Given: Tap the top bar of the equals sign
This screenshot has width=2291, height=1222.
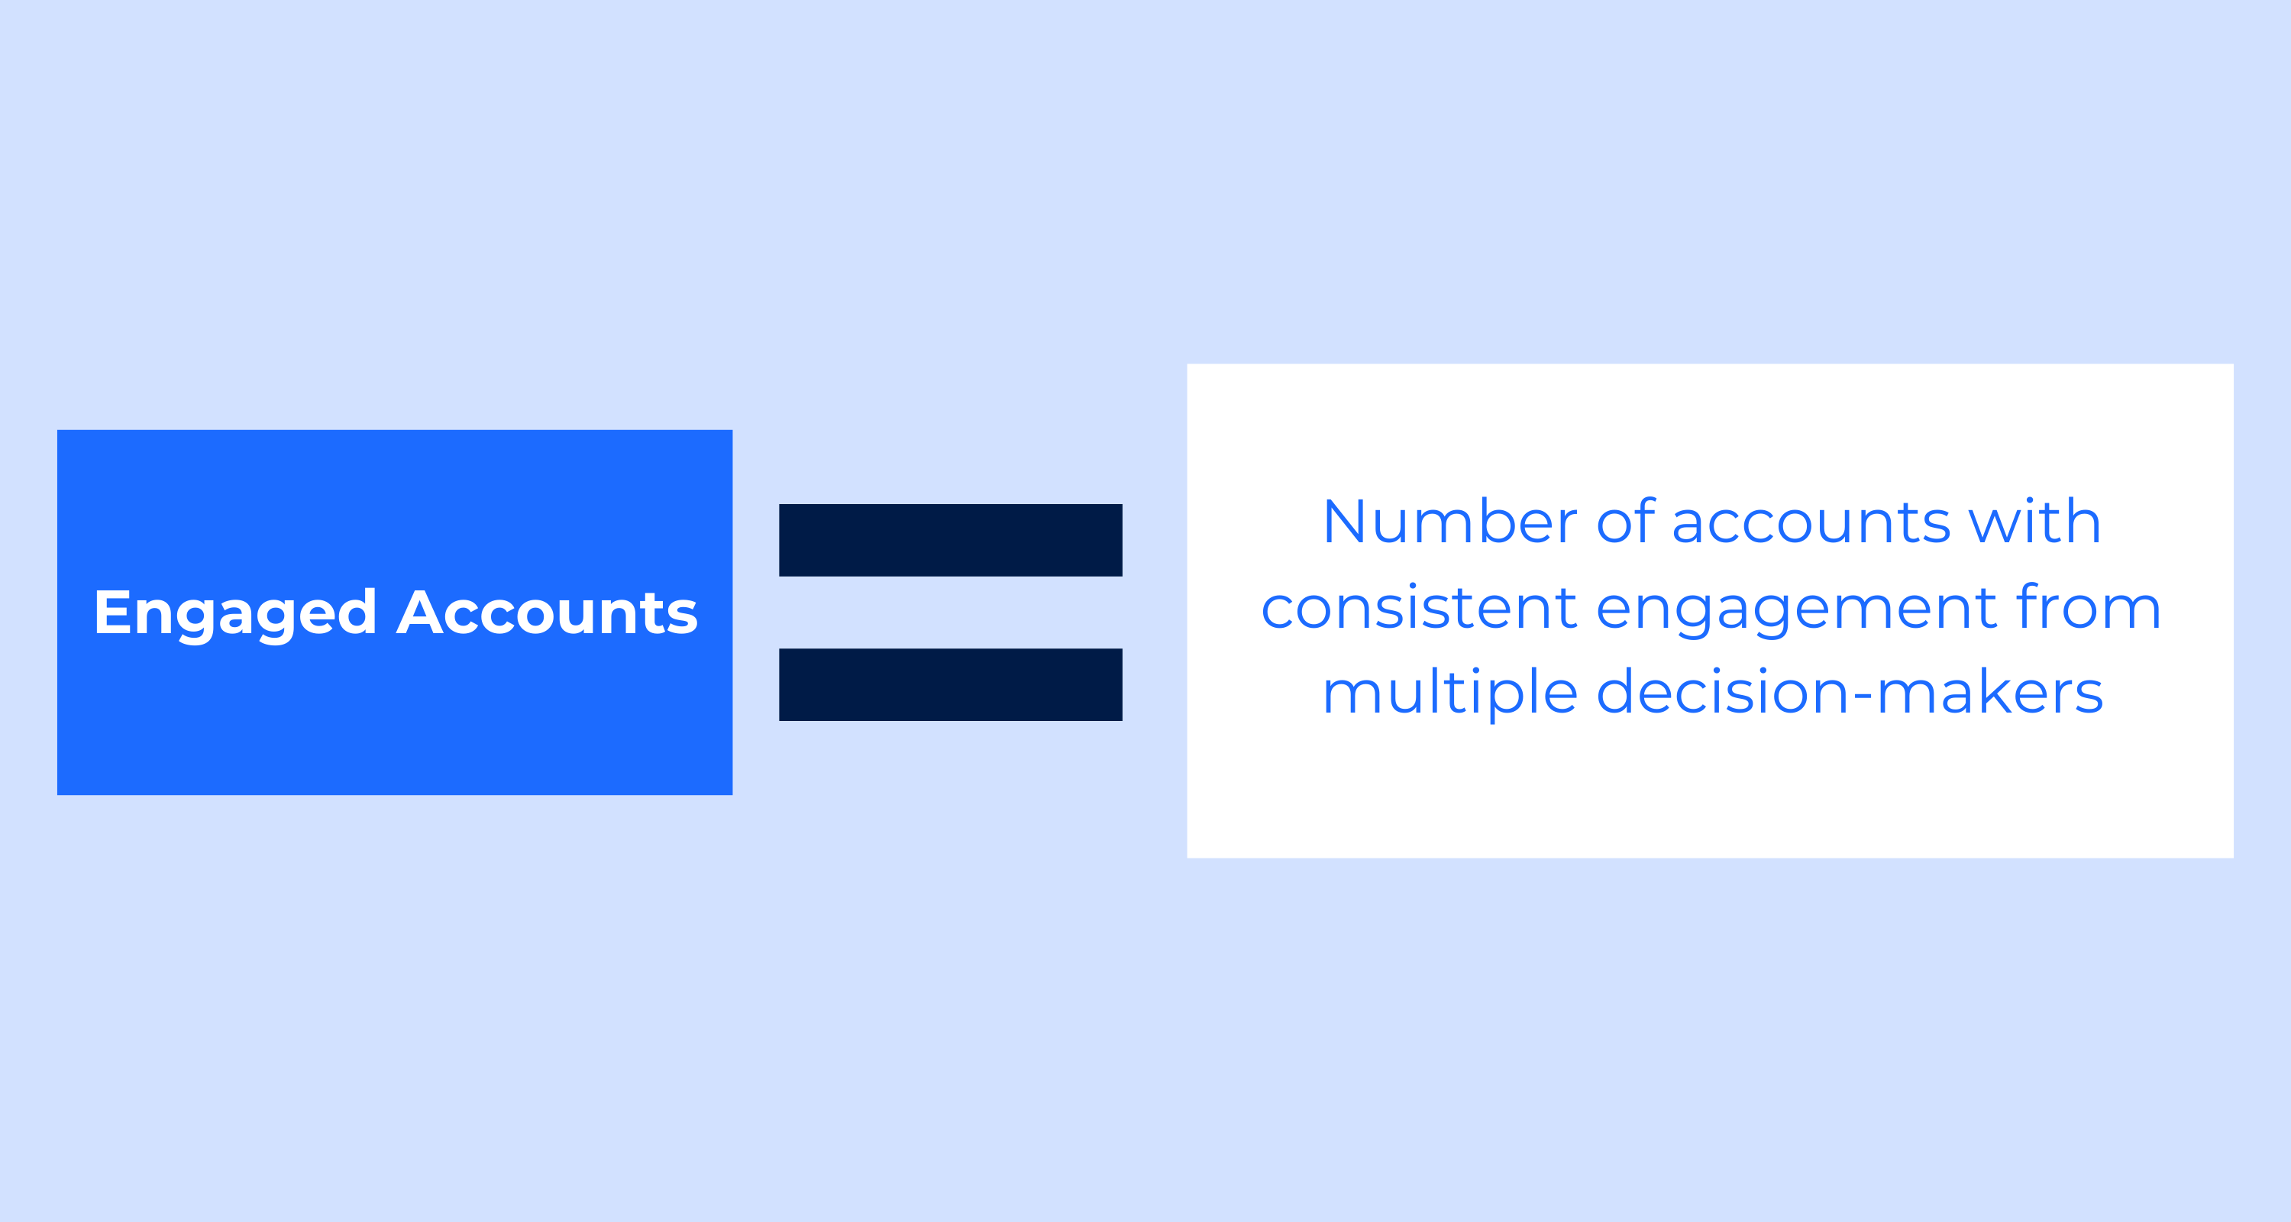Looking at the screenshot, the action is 951,540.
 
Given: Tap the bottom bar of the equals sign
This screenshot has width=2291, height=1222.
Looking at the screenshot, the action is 951,685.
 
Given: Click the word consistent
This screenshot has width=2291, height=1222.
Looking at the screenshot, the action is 1420,609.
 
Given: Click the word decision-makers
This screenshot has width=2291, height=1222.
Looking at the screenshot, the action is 1850,692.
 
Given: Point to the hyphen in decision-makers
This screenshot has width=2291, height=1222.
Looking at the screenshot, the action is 1863,697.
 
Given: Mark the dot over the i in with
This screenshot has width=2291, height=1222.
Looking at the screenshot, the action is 2030,502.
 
